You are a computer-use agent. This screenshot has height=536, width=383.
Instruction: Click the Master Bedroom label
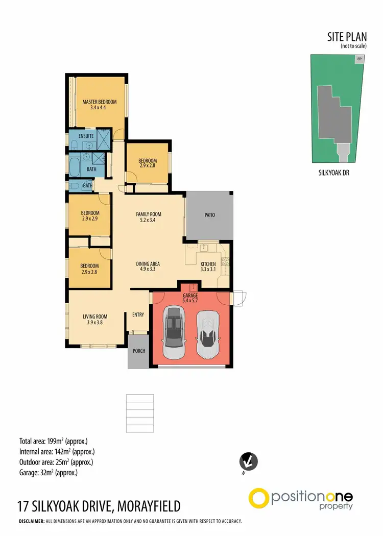100,102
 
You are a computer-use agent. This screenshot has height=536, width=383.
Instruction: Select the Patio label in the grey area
209,215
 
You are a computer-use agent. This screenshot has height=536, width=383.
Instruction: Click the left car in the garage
175,333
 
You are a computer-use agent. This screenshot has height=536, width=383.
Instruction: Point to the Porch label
138,351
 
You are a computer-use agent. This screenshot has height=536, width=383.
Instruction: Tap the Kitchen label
208,264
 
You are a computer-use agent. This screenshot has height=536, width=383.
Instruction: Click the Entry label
138,315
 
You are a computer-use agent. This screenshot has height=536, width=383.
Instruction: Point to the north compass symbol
249,462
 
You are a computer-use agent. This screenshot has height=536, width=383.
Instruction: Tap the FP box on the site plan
360,59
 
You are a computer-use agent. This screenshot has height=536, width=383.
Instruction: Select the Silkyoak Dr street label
333,173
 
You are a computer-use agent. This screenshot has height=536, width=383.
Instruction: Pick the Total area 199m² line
57,441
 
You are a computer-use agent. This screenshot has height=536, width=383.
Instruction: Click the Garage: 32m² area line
49,473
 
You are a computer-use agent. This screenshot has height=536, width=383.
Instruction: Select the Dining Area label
148,264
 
